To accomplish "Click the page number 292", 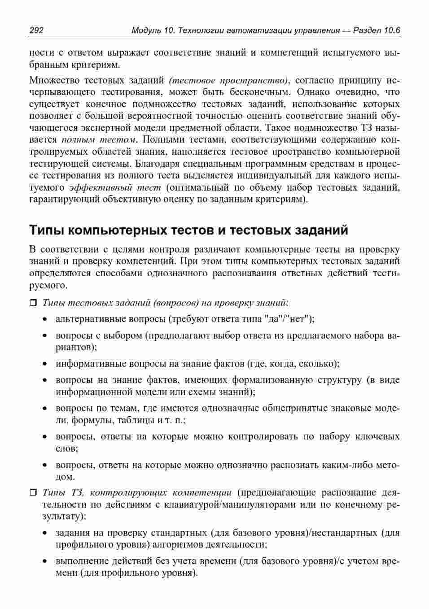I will click(36, 30).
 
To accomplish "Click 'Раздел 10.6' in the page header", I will click(376, 30).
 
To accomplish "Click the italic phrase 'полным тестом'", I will click(98, 139).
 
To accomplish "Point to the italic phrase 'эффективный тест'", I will click(115, 187).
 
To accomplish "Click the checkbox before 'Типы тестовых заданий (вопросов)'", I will click(33, 303).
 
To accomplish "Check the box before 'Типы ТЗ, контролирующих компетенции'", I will click(33, 493).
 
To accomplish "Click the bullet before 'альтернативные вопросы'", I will click(45, 320).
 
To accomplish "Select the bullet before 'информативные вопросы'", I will click(45, 364).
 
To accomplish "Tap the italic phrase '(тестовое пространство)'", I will click(229, 80).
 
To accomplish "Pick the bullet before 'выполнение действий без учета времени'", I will click(45, 561).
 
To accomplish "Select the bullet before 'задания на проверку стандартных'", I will click(45, 534).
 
